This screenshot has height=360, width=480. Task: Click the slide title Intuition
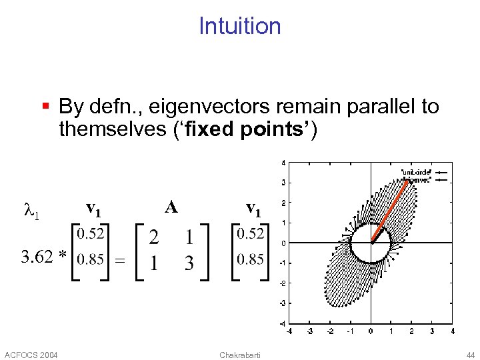(240, 26)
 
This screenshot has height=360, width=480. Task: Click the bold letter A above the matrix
(171, 207)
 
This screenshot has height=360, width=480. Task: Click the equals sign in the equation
(120, 261)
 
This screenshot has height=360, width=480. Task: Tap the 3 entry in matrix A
(189, 263)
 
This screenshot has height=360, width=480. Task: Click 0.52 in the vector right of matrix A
(250, 233)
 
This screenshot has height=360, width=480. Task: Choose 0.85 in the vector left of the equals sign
(91, 259)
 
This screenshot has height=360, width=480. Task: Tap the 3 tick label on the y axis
(283, 182)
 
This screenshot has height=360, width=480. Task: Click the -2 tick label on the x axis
(329, 330)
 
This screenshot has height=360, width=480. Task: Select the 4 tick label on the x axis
(452, 330)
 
